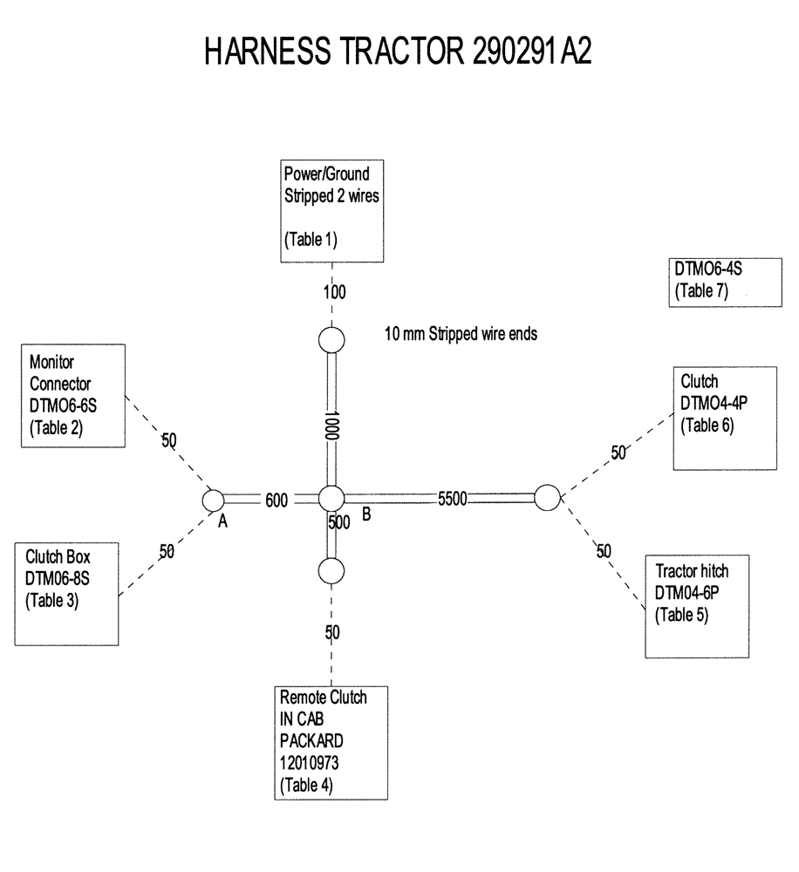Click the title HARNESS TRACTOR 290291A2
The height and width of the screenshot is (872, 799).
[x=399, y=52]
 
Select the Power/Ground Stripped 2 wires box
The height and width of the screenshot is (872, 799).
[x=332, y=210]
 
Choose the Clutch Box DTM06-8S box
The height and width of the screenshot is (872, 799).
[x=66, y=593]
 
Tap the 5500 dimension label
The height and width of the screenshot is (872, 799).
[x=453, y=499]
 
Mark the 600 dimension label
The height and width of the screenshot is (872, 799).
[x=276, y=499]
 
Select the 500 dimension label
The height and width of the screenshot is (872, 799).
[x=338, y=522]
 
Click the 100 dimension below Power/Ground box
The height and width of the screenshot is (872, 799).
[x=334, y=292]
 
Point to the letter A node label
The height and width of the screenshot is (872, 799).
[x=222, y=521]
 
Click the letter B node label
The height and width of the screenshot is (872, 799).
[x=366, y=515]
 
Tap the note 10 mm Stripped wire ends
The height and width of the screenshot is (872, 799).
[x=461, y=333]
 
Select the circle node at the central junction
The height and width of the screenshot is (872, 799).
[x=331, y=499]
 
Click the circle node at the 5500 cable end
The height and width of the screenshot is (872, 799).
[x=546, y=498]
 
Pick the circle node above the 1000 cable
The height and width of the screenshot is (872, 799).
[x=331, y=339]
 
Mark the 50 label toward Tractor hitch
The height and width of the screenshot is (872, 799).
[x=603, y=551]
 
